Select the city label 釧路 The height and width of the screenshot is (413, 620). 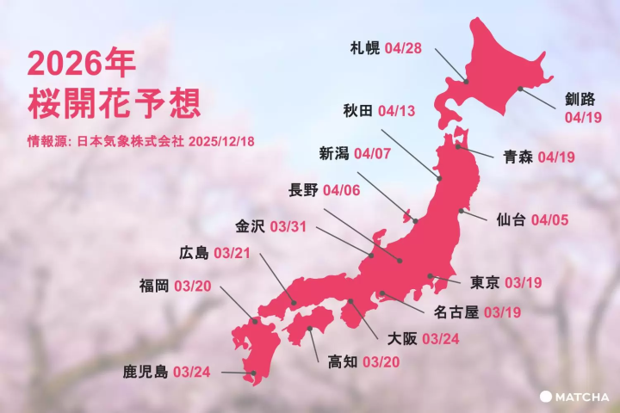[x=579, y=98]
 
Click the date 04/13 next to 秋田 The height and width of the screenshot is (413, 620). [x=396, y=110]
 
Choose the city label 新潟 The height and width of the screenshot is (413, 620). [x=334, y=154]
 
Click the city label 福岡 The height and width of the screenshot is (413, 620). [x=154, y=285]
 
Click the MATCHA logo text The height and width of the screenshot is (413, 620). [x=582, y=397]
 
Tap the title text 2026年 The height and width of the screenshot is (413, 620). [x=81, y=63]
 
